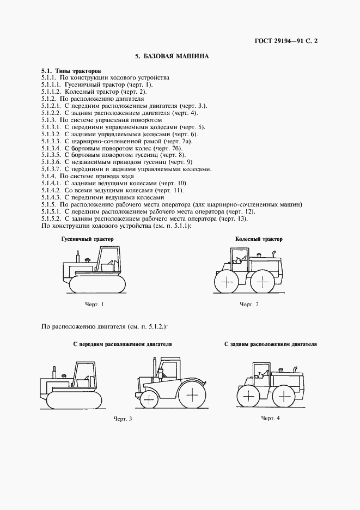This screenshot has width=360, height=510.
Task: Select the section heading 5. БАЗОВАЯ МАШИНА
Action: pyautogui.click(x=172, y=56)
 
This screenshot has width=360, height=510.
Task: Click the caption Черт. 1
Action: pyautogui.click(x=94, y=303)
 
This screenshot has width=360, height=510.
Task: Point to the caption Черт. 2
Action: pyautogui.click(x=249, y=304)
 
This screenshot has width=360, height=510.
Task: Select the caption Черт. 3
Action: pyautogui.click(x=123, y=418)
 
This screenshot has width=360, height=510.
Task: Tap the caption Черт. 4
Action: pyautogui.click(x=270, y=418)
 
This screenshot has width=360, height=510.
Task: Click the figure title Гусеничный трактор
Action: pyautogui.click(x=87, y=239)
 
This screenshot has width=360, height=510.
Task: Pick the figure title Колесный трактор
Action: pyautogui.click(x=259, y=239)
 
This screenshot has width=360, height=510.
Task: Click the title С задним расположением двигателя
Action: pyautogui.click(x=271, y=344)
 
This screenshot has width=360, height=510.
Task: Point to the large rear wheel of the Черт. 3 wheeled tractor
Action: pyautogui.click(x=190, y=393)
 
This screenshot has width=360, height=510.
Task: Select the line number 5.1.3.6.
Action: pyautogui.click(x=51, y=162)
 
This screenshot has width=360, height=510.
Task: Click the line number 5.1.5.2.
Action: pyautogui.click(x=51, y=218)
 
